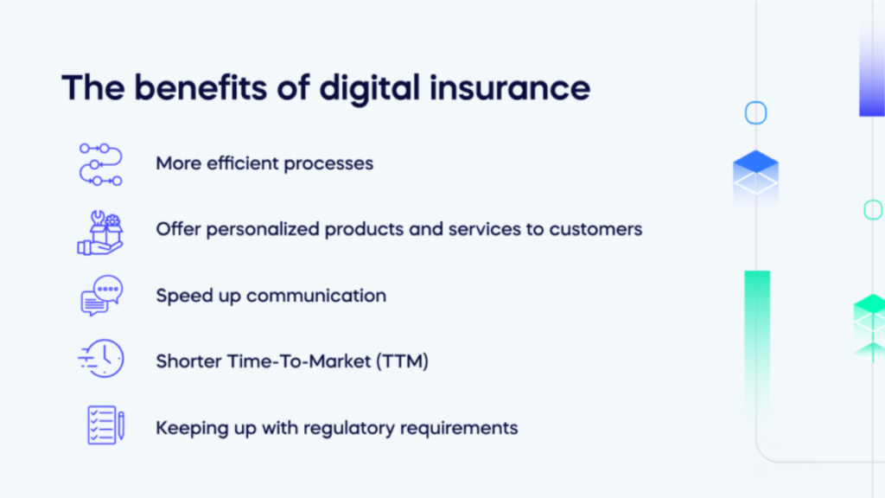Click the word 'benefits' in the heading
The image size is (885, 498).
[x=201, y=87]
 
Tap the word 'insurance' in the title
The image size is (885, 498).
[x=510, y=88]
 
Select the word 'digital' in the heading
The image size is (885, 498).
[x=369, y=89]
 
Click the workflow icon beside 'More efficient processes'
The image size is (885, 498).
[x=100, y=164]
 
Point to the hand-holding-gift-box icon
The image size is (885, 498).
[x=100, y=233]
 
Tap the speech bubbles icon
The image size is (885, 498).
[x=102, y=296]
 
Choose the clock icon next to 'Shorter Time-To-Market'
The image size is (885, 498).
[x=101, y=359]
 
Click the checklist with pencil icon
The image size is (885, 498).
[x=105, y=425]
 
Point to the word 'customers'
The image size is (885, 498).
[x=595, y=229]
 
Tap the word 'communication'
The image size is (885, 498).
[x=316, y=296]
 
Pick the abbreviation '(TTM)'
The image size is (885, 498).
[x=403, y=361]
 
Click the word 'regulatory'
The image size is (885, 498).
[x=349, y=429]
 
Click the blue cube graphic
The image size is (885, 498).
[x=755, y=173]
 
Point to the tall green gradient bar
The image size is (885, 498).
[x=757, y=339]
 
